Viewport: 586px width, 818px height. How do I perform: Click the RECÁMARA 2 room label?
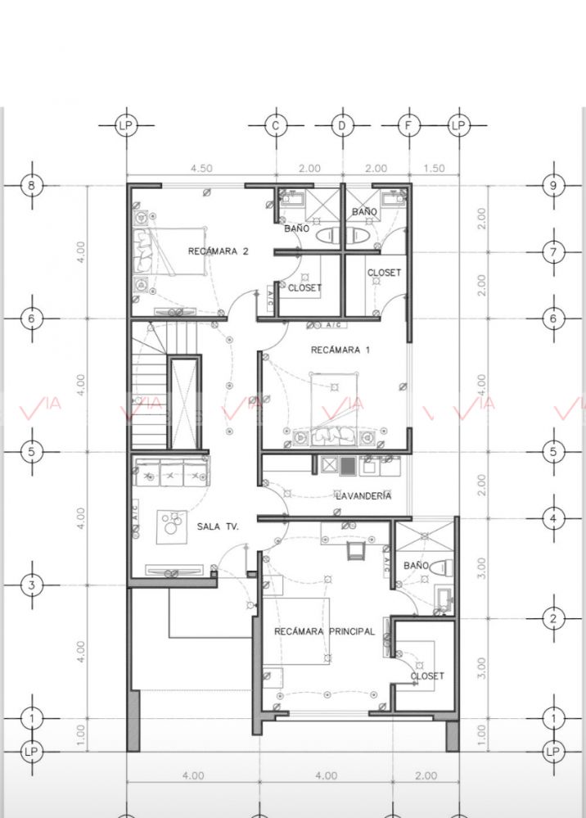pyautogui.click(x=218, y=251)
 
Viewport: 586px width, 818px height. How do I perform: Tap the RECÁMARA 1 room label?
pyautogui.click(x=340, y=350)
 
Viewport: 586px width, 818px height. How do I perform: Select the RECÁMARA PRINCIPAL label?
pyautogui.click(x=324, y=632)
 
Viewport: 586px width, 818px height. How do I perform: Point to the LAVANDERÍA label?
pyautogui.click(x=363, y=496)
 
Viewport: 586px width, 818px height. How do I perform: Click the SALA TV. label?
pyautogui.click(x=218, y=527)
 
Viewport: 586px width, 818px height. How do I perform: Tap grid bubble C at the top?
pyautogui.click(x=275, y=125)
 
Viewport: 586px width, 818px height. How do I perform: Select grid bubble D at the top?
pyautogui.click(x=342, y=125)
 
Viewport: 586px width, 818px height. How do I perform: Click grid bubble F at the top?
pyautogui.click(x=408, y=125)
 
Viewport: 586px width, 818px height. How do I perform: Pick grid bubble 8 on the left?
pyautogui.click(x=32, y=185)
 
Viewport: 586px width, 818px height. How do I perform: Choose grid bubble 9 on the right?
pyautogui.click(x=553, y=185)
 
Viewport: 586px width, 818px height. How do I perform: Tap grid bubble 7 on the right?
pyautogui.click(x=553, y=252)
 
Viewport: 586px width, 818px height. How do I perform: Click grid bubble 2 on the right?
pyautogui.click(x=553, y=619)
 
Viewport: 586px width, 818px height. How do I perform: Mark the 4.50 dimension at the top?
pyautogui.click(x=201, y=169)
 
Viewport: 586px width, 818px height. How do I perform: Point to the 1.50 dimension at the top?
pyautogui.click(x=434, y=169)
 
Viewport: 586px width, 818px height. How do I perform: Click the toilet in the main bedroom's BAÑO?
pyautogui.click(x=443, y=567)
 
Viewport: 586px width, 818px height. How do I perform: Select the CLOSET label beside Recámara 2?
pyautogui.click(x=304, y=287)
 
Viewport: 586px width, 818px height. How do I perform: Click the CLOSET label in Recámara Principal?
pyautogui.click(x=427, y=676)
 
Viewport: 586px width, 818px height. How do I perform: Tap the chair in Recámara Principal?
pyautogui.click(x=355, y=551)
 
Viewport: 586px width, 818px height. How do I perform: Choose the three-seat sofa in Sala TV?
pyautogui.click(x=171, y=472)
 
